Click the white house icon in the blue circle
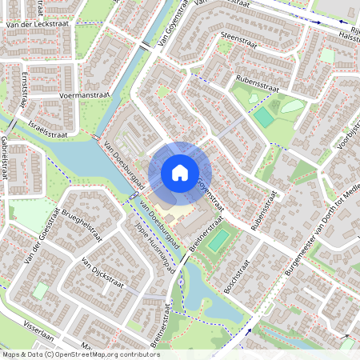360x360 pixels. (x=180, y=173)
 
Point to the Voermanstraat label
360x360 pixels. (x=85, y=94)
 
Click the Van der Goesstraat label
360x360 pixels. (x=42, y=236)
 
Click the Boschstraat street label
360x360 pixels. (x=238, y=277)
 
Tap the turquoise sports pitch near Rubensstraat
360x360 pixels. (x=263, y=117)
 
